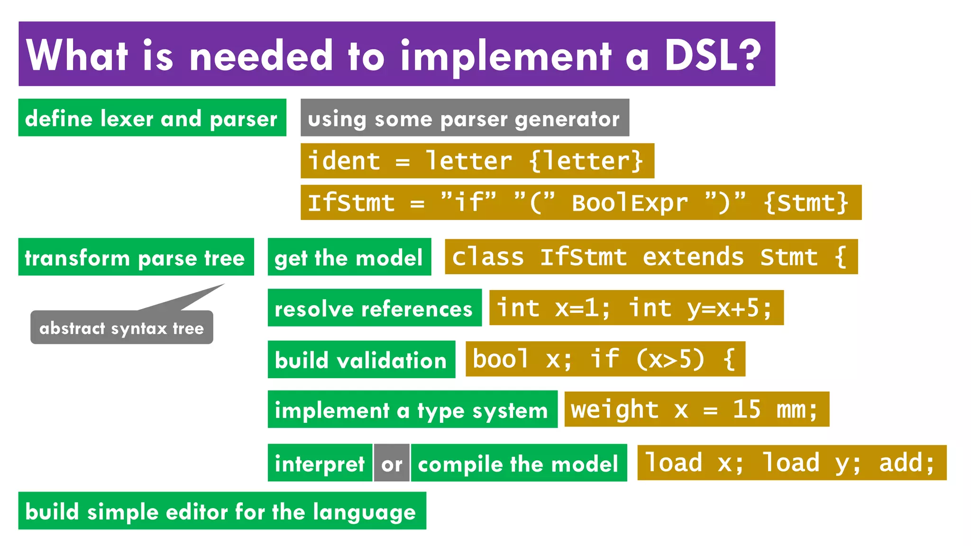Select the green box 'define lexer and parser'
[152, 118]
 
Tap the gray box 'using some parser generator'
[464, 118]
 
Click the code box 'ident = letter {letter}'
[477, 161]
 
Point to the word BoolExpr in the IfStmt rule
[629, 203]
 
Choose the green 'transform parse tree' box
[136, 257]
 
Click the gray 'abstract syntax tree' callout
[121, 328]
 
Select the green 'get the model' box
[349, 257]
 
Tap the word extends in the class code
[693, 257]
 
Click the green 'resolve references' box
[374, 308]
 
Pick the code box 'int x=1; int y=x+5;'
[636, 308]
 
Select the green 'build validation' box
[361, 360]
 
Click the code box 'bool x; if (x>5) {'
[605, 359]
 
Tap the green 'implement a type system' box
[412, 409]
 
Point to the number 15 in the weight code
[746, 409]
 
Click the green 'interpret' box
[320, 463]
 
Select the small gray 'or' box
[392, 463]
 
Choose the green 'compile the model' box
[518, 463]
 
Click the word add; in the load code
[907, 463]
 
